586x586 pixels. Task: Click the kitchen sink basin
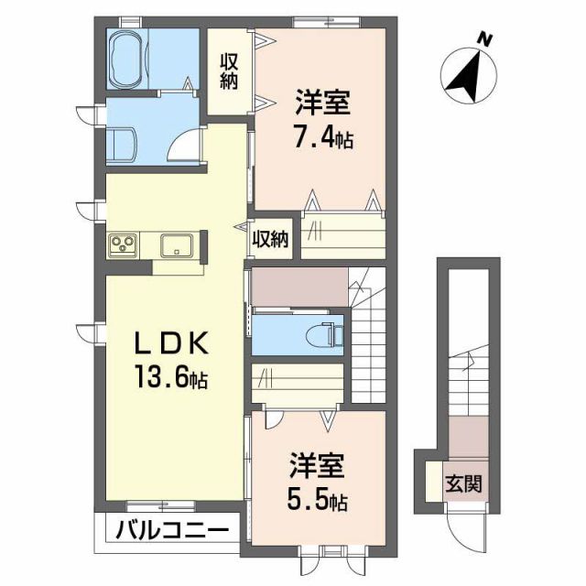point(174,244)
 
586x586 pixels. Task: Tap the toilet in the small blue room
point(326,333)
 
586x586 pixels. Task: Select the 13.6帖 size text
point(173,378)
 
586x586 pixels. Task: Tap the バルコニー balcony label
point(172,530)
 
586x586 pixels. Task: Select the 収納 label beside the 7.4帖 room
point(228,71)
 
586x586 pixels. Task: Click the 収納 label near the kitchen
point(271,240)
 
